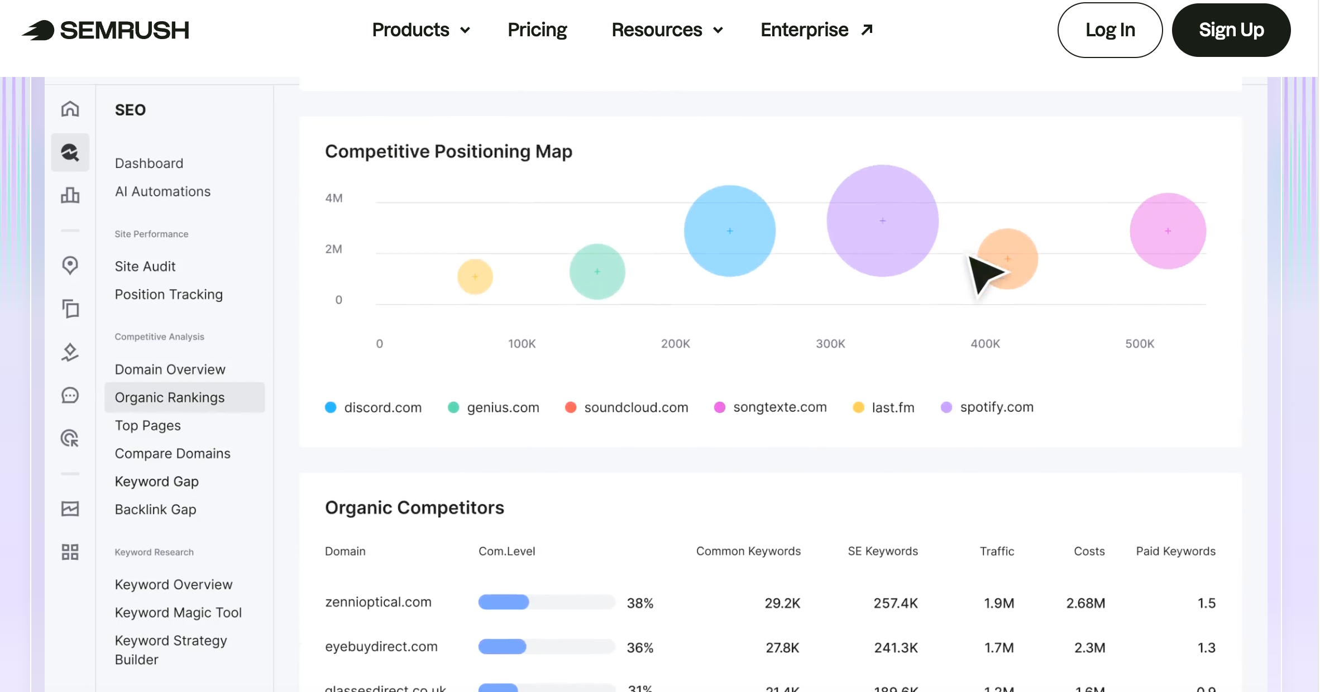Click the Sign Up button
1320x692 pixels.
(1231, 30)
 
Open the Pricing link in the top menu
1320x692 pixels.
(537, 30)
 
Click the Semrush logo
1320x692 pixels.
(106, 30)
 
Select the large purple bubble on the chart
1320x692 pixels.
(882, 220)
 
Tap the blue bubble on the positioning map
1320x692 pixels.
(729, 230)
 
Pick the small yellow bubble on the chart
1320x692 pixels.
(475, 276)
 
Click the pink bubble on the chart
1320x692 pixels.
(1168, 230)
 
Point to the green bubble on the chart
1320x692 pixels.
(597, 271)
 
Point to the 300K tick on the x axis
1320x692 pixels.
(830, 344)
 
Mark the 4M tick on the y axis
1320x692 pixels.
(334, 198)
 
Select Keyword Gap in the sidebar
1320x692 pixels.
(156, 481)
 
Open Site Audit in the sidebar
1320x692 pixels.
(145, 266)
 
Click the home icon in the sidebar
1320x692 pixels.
(70, 109)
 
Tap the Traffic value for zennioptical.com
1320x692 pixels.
(998, 603)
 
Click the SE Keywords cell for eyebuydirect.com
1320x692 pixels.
(896, 647)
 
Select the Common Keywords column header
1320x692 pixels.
(748, 551)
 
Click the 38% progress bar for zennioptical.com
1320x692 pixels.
(546, 602)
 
